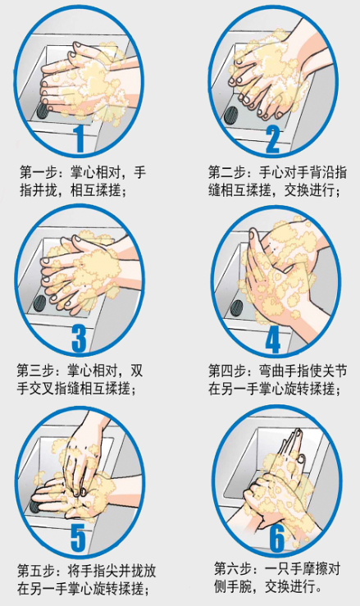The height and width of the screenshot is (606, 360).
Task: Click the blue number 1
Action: [80, 139]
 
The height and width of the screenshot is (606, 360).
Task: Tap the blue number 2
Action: [272, 139]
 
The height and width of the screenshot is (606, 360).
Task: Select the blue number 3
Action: [80, 338]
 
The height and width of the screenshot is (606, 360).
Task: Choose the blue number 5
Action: [79, 537]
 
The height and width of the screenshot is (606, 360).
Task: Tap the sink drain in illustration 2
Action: [232, 113]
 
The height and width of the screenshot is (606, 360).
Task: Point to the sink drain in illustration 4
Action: [237, 309]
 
